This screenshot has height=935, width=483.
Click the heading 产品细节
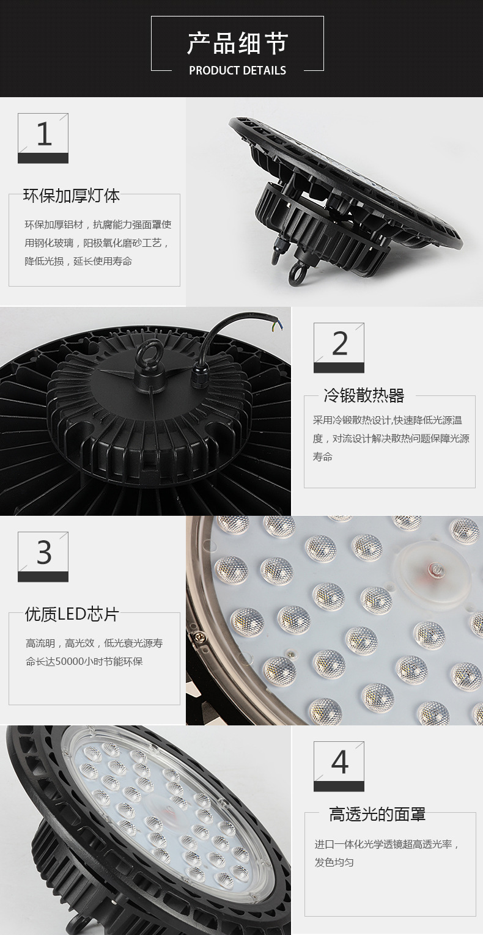point(237,43)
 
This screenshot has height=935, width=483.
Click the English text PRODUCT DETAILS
point(238,70)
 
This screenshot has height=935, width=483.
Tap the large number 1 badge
point(43,138)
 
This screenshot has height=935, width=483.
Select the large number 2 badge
point(339,348)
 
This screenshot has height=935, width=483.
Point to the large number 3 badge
point(43,557)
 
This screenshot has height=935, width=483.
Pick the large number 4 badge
point(339,767)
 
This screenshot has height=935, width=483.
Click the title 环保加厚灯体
point(72,196)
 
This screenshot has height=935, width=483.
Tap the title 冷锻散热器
point(364,395)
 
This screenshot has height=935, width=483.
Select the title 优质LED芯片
point(72,614)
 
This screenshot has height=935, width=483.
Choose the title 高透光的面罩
point(377,815)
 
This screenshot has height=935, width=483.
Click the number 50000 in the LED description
point(70,662)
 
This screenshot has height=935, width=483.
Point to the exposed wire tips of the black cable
point(276,324)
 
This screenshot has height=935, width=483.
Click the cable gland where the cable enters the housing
point(199,378)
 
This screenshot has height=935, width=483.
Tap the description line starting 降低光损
point(78,262)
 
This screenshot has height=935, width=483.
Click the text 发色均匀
point(334,862)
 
